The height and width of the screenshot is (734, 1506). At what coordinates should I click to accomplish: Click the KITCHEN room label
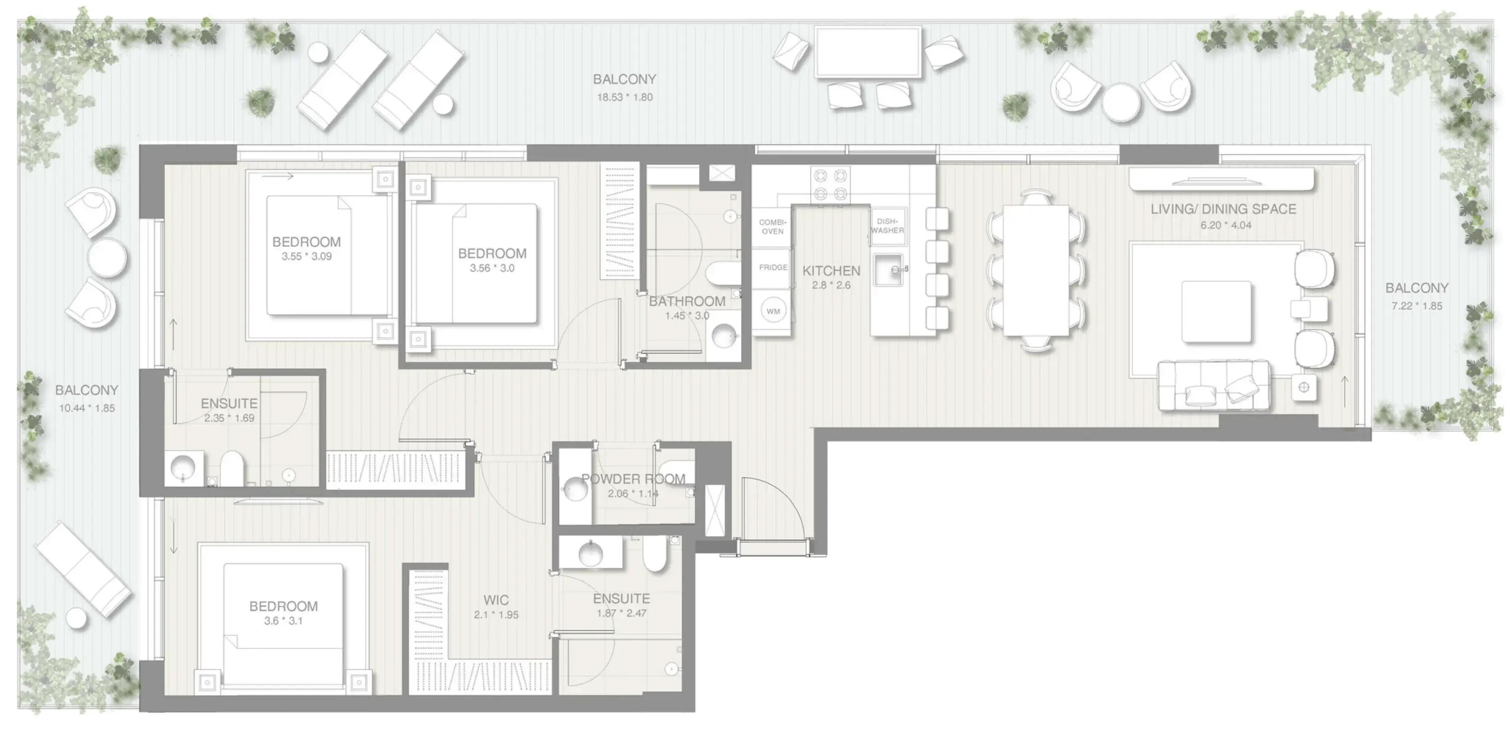coord(831,271)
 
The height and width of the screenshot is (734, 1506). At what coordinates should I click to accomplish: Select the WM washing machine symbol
coord(773,311)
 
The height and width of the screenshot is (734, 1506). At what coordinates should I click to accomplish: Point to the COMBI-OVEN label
coord(772,227)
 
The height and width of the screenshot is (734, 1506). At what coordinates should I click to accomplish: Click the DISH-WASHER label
coord(887,226)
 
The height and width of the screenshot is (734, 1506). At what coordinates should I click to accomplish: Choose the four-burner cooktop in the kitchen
coord(831,185)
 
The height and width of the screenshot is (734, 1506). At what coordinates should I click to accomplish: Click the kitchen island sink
coord(889,269)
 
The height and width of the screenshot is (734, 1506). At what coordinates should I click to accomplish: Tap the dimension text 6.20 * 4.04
coord(1226,225)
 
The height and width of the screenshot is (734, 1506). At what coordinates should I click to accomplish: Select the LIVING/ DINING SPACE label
coord(1223,209)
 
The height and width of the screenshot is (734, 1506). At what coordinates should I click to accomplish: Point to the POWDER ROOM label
coord(633,479)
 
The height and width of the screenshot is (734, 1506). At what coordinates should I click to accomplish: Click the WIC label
coord(496,600)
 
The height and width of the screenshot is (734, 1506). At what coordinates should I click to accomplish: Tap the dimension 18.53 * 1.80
coord(625,97)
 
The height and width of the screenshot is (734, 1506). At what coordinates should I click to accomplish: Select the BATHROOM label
coord(687,302)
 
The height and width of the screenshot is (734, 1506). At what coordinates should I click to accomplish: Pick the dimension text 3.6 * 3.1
coord(284,621)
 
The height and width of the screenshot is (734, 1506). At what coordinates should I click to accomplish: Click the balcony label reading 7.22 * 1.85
coord(1417,306)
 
